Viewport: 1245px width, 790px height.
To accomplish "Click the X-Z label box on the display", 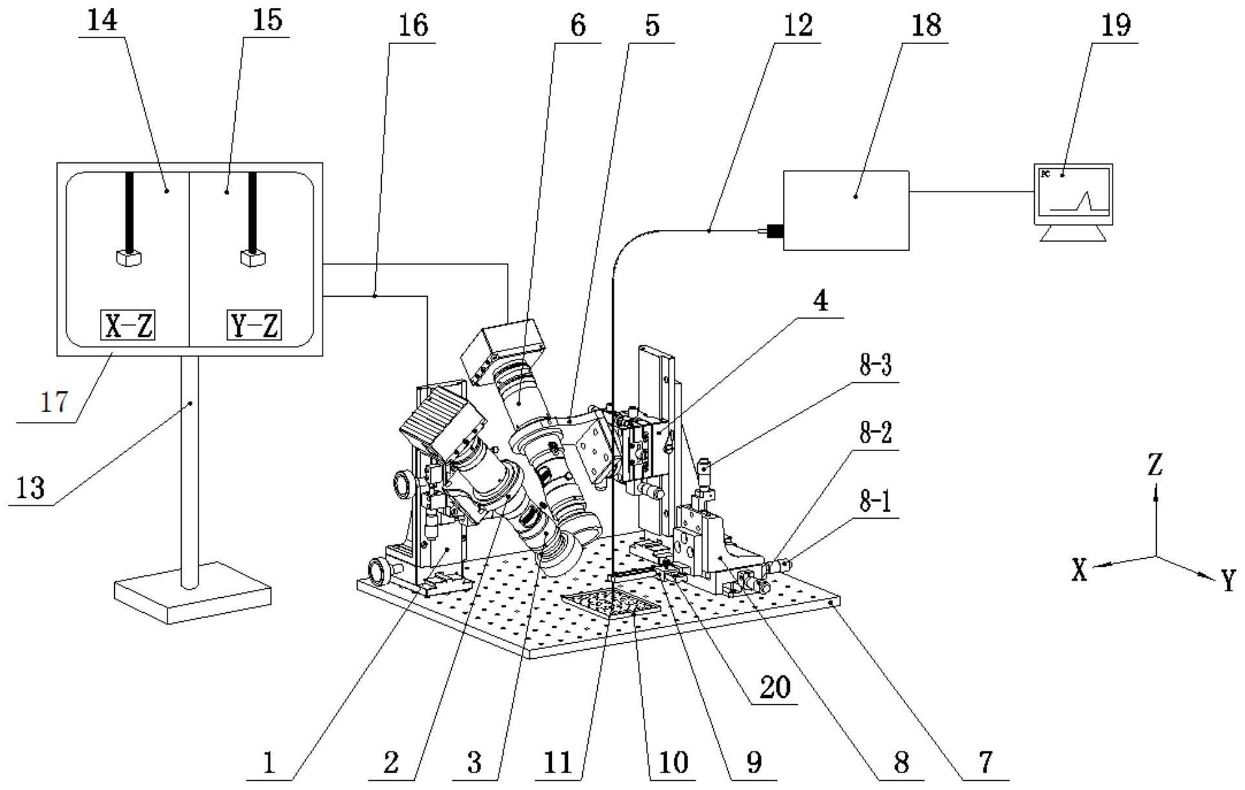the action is [x=128, y=326].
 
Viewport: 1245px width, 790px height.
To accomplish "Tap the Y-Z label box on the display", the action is [x=254, y=326].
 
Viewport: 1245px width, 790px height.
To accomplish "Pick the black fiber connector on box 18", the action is [x=775, y=230].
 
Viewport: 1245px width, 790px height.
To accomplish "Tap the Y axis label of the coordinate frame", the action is [x=1227, y=580].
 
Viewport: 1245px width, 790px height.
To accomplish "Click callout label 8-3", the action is [x=875, y=367].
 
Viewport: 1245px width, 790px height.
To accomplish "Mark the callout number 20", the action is [x=776, y=687].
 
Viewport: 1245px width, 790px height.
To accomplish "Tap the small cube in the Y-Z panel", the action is [x=253, y=258].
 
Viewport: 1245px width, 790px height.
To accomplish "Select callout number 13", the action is [x=31, y=488].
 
